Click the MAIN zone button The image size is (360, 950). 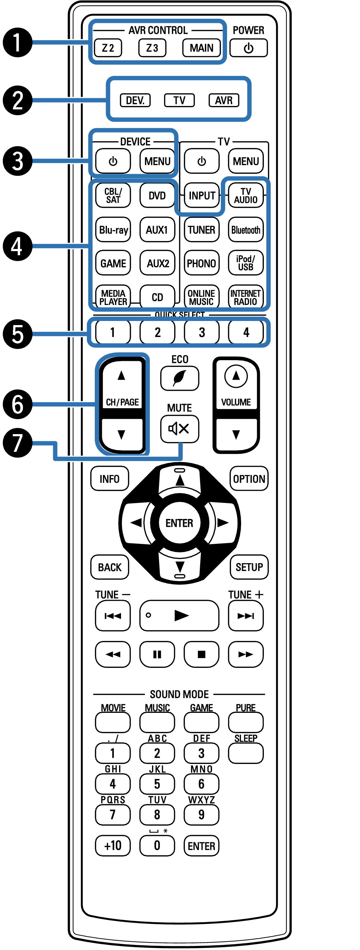(x=201, y=48)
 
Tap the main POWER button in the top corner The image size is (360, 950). (x=248, y=48)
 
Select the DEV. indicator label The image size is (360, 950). (x=135, y=100)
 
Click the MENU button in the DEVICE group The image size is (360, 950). (x=157, y=161)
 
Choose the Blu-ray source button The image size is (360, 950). (x=113, y=230)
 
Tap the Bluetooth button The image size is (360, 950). (x=246, y=230)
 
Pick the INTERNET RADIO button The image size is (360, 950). (x=246, y=297)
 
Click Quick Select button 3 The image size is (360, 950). (x=201, y=332)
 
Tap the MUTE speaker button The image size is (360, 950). (x=180, y=429)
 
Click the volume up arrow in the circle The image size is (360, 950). (x=236, y=376)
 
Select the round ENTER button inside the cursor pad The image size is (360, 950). (x=180, y=523)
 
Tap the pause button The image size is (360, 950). (x=157, y=654)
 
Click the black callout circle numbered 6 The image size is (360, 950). (x=17, y=404)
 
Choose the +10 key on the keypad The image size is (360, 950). (x=113, y=845)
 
